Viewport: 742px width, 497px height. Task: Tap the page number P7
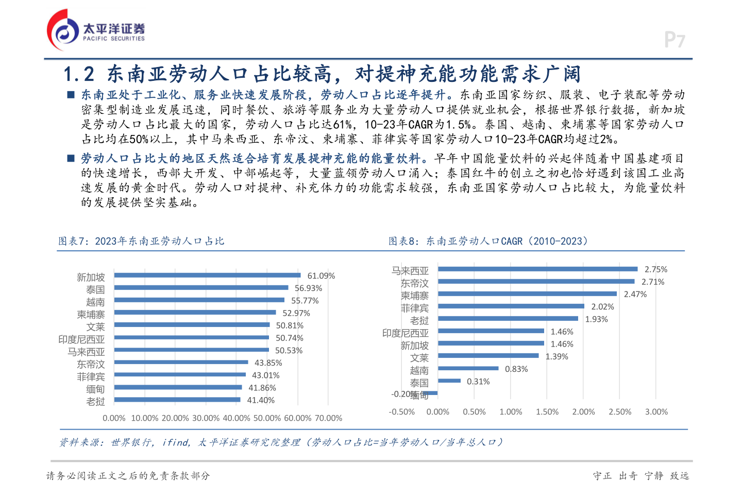pyautogui.click(x=674, y=40)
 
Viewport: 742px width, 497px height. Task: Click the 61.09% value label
pyautogui.click(x=321, y=276)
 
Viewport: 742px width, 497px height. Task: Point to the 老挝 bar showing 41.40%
pyautogui.click(x=177, y=400)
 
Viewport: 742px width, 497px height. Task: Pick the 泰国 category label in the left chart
pyautogui.click(x=95, y=290)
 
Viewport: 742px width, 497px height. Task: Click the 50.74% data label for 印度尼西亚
pyautogui.click(x=290, y=338)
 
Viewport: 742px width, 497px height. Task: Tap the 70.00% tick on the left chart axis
pyautogui.click(x=328, y=418)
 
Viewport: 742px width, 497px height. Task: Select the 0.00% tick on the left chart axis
pyautogui.click(x=114, y=418)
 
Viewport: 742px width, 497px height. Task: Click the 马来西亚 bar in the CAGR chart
pyautogui.click(x=537, y=269)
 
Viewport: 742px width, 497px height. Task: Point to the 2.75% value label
pyautogui.click(x=655, y=269)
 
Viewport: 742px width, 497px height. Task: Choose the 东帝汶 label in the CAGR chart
pyautogui.click(x=415, y=283)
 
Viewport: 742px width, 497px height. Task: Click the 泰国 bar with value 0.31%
pyautogui.click(x=449, y=381)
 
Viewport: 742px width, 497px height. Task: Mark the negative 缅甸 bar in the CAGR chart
pyautogui.click(x=433, y=393)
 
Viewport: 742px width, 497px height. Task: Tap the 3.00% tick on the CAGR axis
pyautogui.click(x=656, y=412)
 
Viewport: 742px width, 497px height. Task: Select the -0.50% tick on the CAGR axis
pyautogui.click(x=401, y=412)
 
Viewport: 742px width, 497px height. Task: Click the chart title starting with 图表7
pyautogui.click(x=141, y=241)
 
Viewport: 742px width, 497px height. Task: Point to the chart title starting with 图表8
pyautogui.click(x=488, y=241)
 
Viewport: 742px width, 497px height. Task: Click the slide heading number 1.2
pyautogui.click(x=79, y=75)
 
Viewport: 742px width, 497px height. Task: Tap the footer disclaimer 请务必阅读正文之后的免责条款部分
pyautogui.click(x=128, y=476)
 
